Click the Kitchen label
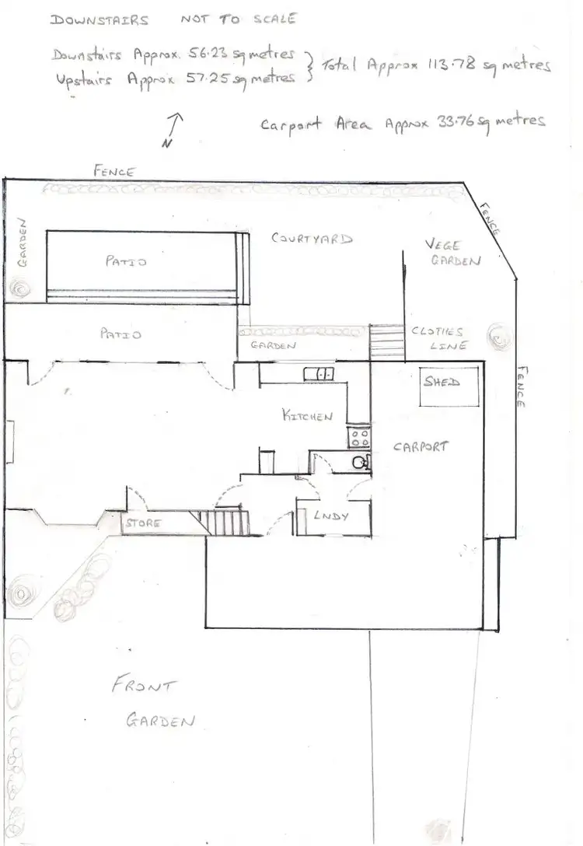[307, 416]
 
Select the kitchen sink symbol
[319, 374]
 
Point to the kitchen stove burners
[359, 436]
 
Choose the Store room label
[144, 523]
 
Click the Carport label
[420, 447]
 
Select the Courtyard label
[312, 239]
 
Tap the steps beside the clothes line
[386, 341]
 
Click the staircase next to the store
[226, 519]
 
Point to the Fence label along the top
[115, 170]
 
